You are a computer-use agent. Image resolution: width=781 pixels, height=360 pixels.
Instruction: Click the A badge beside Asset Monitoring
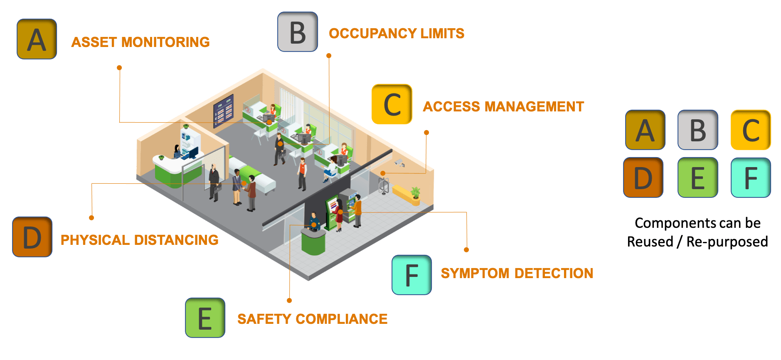click(37, 39)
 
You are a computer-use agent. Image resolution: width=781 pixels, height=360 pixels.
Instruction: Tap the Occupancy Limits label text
click(397, 33)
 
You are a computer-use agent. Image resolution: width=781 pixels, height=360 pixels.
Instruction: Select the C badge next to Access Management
click(392, 104)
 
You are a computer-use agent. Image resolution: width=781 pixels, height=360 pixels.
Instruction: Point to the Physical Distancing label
click(139, 240)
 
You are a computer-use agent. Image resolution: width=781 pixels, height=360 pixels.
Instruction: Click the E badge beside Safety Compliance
click(205, 318)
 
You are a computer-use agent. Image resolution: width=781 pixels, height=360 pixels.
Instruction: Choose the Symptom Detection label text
click(517, 273)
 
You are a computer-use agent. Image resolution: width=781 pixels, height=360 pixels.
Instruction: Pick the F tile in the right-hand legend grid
click(751, 178)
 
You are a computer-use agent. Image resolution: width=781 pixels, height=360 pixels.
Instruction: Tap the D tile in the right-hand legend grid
click(643, 178)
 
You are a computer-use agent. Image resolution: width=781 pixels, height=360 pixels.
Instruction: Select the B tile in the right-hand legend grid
click(697, 130)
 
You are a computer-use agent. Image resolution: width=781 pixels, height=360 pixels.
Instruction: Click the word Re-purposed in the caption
click(727, 242)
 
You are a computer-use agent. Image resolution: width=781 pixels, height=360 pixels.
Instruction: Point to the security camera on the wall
click(399, 163)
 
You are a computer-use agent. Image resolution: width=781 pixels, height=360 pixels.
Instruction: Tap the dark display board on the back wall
click(224, 110)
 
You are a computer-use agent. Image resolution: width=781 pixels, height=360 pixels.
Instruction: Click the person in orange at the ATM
click(357, 210)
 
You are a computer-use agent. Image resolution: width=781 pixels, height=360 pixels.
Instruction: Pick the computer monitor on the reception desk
click(193, 153)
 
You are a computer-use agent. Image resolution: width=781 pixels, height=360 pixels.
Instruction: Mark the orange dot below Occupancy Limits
click(329, 55)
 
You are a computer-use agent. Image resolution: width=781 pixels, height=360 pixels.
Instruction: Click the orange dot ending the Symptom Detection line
click(466, 250)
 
